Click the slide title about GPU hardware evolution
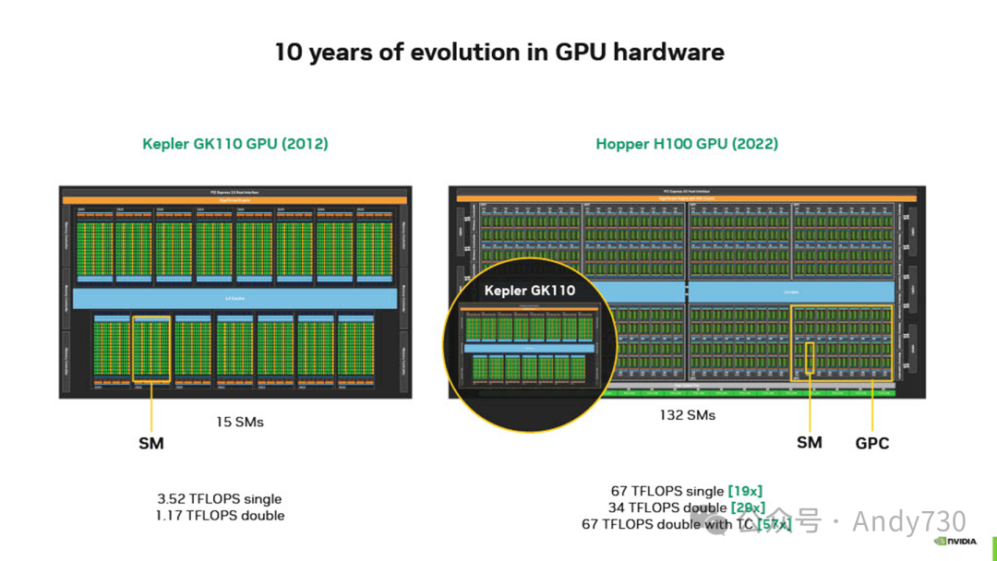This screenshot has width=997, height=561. (x=498, y=52)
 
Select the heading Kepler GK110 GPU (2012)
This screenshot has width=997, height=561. (x=235, y=144)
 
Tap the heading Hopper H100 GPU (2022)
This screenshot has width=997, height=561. (x=686, y=144)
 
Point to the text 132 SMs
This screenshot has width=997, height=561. (x=687, y=415)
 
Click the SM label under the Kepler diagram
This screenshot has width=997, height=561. (x=151, y=444)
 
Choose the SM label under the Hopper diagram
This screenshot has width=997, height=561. (x=809, y=443)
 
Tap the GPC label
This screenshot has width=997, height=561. (x=871, y=443)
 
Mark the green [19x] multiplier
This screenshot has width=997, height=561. (x=745, y=491)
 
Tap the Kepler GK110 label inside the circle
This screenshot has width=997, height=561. (x=530, y=291)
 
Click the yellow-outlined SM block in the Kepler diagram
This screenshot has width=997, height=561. (x=151, y=349)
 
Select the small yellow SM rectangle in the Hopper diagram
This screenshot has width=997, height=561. (x=810, y=357)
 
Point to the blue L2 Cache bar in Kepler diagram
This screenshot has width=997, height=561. (x=234, y=298)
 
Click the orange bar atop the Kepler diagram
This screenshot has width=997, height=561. (x=234, y=199)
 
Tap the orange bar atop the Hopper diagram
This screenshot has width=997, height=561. (x=687, y=198)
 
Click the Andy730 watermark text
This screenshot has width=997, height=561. (x=908, y=521)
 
